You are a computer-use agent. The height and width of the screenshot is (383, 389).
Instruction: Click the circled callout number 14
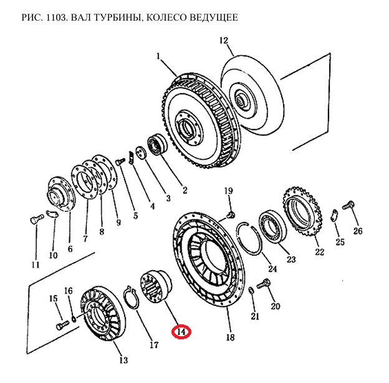click(x=181, y=332)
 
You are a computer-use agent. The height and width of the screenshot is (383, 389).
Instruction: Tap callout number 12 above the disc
click(x=223, y=41)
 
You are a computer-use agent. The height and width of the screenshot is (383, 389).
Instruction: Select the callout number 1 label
click(x=159, y=56)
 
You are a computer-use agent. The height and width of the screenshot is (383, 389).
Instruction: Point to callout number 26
click(x=357, y=231)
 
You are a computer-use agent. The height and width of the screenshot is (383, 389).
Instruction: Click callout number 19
click(x=228, y=191)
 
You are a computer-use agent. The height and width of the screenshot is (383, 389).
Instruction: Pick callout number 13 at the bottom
click(x=123, y=360)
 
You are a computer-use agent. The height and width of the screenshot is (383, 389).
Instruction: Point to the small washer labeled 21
click(x=251, y=291)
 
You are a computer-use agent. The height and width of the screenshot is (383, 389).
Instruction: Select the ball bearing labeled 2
click(x=156, y=147)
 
